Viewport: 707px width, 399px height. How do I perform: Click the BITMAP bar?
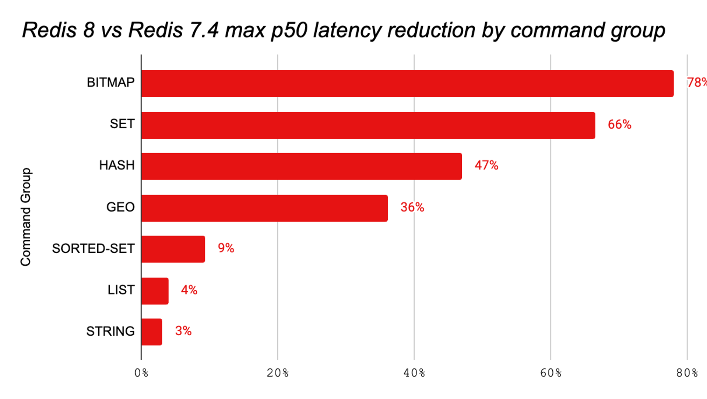pos(407,84)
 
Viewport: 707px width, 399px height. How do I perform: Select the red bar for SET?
pos(368,125)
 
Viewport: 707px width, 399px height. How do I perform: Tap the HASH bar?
pos(301,166)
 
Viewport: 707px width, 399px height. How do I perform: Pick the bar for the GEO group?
pos(264,208)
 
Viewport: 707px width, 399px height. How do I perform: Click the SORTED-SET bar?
pos(173,249)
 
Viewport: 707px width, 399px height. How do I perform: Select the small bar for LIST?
pos(155,291)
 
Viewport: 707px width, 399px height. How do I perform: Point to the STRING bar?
pos(151,332)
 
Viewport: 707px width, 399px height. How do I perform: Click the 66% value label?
pos(619,125)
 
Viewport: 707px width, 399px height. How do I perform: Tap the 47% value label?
pos(486,165)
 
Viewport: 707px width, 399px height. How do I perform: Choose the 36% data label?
pos(412,207)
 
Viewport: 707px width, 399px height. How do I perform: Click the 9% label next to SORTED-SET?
pos(226,248)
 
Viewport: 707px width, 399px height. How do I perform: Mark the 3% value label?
pos(183,331)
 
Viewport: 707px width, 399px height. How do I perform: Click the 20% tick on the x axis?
pos(278,373)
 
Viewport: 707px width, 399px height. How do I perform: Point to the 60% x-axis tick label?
pos(551,373)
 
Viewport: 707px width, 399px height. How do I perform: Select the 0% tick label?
pos(141,373)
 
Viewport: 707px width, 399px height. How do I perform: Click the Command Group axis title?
pos(26,217)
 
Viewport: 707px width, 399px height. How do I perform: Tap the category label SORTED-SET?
pos(93,249)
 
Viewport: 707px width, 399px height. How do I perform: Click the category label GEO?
pos(120,207)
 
